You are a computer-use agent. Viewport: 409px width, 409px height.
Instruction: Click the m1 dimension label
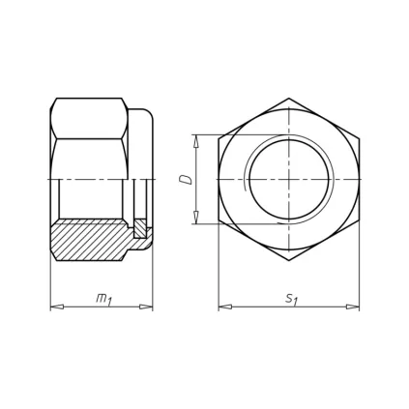[x=102, y=299]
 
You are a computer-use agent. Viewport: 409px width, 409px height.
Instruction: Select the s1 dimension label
[x=290, y=299]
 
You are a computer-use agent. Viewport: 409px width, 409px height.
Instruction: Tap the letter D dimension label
[x=187, y=179]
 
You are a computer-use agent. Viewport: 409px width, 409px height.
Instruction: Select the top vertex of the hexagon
[x=288, y=98]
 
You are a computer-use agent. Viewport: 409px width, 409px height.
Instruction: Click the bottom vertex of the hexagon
[x=288, y=262]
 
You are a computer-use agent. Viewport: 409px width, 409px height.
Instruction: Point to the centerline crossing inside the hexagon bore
[x=288, y=180]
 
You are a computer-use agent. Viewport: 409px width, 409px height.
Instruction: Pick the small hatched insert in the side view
[x=139, y=229]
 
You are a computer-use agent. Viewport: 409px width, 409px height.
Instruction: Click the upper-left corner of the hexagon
[x=219, y=138]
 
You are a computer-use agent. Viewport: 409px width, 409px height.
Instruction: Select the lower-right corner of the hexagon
[x=359, y=221]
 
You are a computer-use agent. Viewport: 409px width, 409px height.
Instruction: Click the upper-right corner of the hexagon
[x=359, y=138]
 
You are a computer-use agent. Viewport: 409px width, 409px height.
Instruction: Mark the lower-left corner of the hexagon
[x=219, y=221]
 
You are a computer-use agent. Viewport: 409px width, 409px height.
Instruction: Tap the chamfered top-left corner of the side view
[x=53, y=102]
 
